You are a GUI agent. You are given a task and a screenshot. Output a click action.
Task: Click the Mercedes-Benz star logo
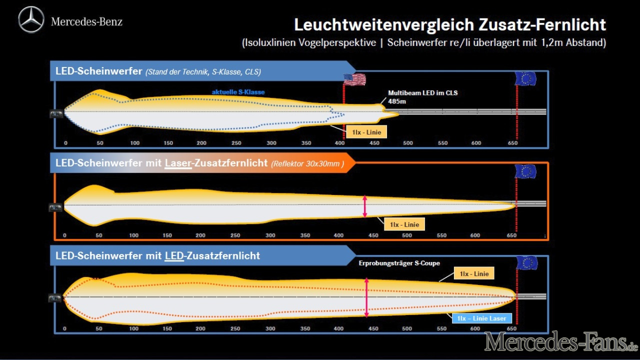click(31, 19)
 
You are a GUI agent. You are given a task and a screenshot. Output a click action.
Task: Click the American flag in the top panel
click(354, 79)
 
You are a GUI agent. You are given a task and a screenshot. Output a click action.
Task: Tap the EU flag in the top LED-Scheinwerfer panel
click(525, 78)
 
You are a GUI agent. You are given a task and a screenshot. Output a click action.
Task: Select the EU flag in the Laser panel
click(525, 172)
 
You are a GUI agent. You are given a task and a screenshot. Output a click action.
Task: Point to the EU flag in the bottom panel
click(526, 263)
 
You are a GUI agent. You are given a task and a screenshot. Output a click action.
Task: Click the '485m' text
click(397, 101)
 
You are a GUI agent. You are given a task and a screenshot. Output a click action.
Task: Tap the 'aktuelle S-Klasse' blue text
click(238, 92)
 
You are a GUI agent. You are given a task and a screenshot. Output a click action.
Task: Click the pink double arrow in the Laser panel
click(365, 206)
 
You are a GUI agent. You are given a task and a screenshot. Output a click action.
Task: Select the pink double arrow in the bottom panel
click(366, 297)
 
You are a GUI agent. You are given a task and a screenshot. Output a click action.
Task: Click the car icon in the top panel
click(56, 114)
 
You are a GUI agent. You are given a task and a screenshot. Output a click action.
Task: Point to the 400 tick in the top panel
click(339, 143)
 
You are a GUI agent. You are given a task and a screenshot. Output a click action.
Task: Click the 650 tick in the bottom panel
click(511, 328)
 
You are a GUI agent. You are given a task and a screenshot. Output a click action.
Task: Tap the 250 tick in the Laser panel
click(235, 235)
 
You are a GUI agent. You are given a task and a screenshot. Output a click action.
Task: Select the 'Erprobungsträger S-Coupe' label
click(399, 263)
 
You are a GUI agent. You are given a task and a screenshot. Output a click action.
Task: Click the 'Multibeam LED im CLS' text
click(422, 92)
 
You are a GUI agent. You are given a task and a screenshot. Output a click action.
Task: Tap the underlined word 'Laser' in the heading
click(178, 163)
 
